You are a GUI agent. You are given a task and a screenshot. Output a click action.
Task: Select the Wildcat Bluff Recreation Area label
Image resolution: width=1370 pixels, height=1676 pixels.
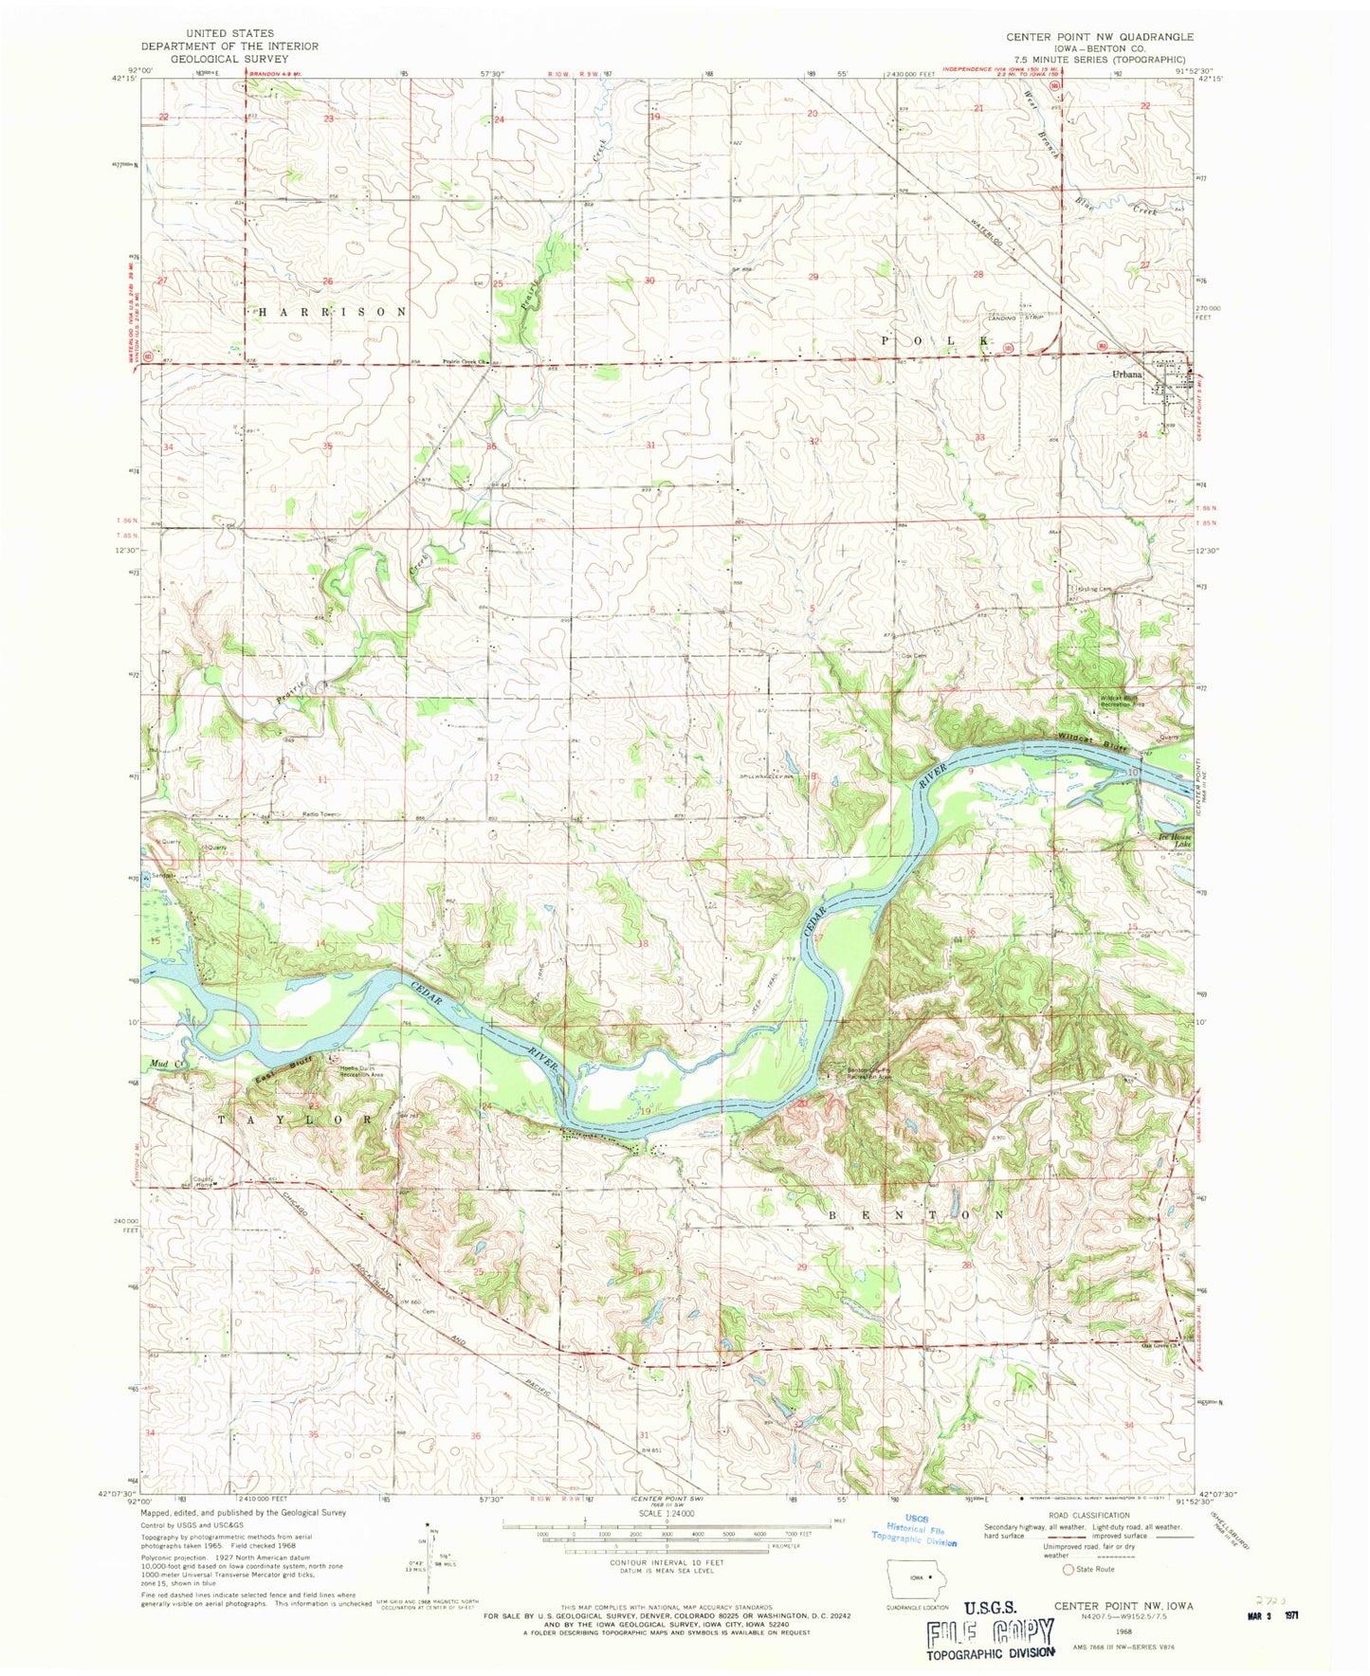coord(1123,702)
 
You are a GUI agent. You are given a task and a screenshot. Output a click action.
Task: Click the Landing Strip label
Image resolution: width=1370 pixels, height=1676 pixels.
coord(1016,319)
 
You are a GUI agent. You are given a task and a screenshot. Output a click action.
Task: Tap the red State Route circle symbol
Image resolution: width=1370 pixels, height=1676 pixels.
coord(1069,1570)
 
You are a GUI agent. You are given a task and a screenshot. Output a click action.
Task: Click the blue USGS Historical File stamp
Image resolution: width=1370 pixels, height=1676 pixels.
coord(916,1528)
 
